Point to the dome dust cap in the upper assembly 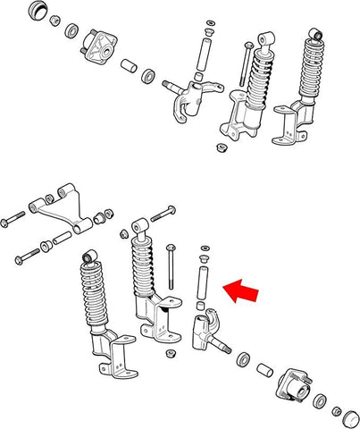pyautogui.click(x=38, y=13)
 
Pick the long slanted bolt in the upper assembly pyautogui.click(x=242, y=63)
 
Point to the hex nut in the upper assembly pyautogui.click(x=218, y=147)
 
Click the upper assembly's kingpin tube pyautogui.click(x=204, y=55)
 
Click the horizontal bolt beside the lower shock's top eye pyautogui.click(x=163, y=214)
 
